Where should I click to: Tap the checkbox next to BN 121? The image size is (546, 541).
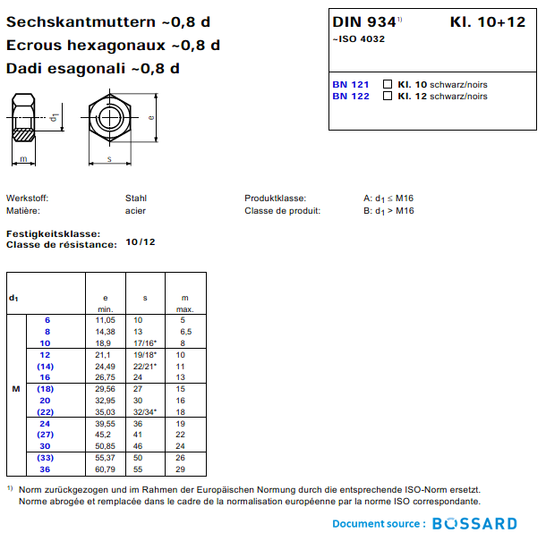coord(388,85)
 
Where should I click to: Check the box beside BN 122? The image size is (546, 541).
coord(388,97)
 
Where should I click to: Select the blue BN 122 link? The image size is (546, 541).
coord(350,97)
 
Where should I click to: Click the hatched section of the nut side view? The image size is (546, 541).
coord(24,137)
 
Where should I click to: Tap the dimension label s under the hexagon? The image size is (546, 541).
coord(109,158)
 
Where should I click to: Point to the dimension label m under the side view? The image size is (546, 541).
coord(23,159)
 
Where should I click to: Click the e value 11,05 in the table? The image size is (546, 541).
coord(106,319)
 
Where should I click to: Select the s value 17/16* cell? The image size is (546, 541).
coord(145,342)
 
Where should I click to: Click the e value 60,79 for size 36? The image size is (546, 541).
coord(106,469)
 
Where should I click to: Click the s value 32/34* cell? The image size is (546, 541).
coord(145,412)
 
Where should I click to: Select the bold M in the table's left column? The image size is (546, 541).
coord(15,390)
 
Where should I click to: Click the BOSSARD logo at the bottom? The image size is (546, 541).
coord(474,524)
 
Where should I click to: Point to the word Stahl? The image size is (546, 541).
coord(136,199)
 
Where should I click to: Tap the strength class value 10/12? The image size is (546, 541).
coord(141,242)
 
